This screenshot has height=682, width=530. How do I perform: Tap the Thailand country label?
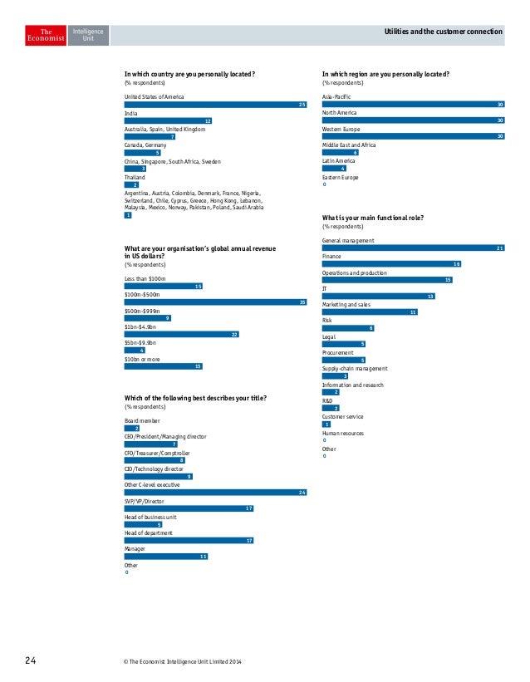135,177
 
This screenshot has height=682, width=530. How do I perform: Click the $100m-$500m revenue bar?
216,302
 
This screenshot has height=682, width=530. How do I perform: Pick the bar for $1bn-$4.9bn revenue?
182,334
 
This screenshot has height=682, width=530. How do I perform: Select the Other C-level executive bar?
216,492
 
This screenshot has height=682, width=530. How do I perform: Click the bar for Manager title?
165,557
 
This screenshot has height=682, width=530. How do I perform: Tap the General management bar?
414,248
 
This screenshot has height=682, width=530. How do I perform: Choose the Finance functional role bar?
391,264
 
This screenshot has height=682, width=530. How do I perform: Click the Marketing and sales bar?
370,312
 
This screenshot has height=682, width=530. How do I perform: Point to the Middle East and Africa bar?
341,153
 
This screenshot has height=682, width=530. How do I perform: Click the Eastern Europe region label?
341,177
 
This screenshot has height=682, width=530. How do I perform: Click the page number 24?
30,661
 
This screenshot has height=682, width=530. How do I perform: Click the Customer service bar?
326,424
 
